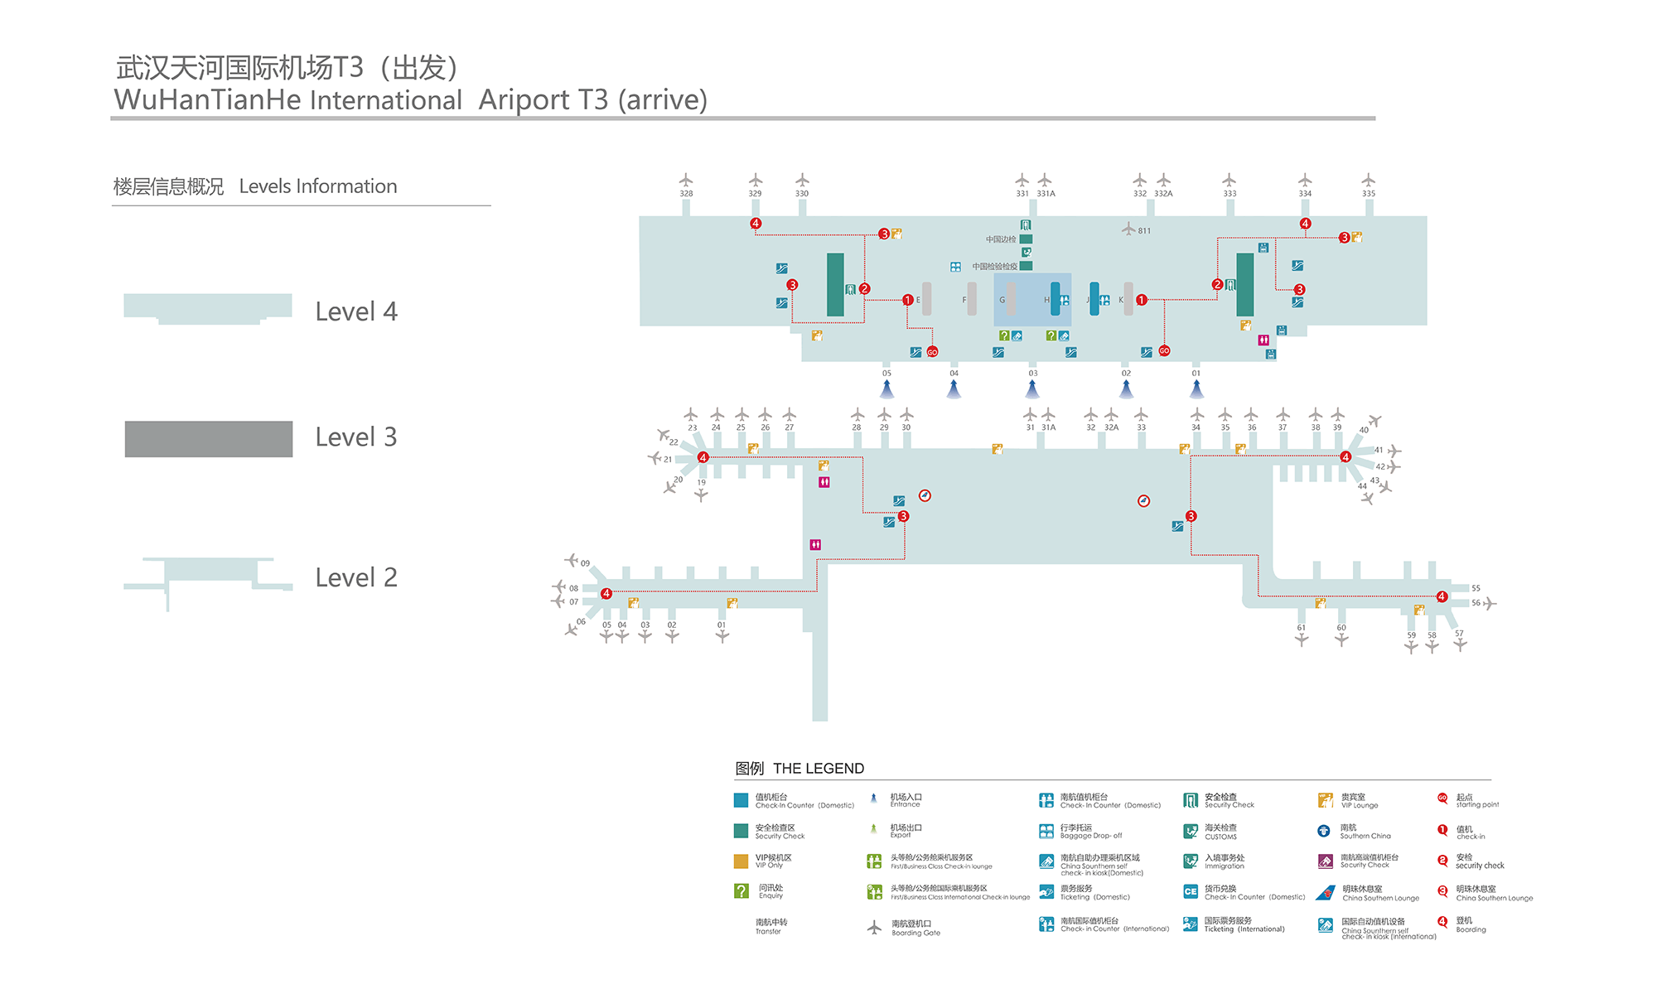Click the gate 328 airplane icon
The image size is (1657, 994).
[686, 180]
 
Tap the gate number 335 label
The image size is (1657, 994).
[1369, 194]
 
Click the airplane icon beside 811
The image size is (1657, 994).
[1128, 229]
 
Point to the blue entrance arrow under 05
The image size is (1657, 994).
[886, 388]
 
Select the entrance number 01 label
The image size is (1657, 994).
[1196, 374]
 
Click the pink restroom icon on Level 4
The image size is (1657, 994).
[1263, 340]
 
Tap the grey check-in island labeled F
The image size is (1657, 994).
[972, 299]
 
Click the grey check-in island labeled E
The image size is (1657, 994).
[926, 299]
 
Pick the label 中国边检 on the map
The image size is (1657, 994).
[1000, 239]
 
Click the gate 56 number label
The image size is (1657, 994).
[1476, 603]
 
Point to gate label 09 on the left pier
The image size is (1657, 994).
[585, 563]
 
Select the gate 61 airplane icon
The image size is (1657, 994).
[1302, 639]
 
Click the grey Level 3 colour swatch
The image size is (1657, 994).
[208, 439]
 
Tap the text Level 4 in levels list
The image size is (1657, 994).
[356, 312]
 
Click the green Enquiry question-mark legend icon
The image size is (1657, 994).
[742, 890]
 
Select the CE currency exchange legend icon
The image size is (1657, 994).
[1191, 891]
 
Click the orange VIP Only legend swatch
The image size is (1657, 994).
[741, 861]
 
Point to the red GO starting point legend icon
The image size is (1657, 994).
[1442, 799]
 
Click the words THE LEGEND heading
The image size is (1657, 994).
[818, 769]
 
